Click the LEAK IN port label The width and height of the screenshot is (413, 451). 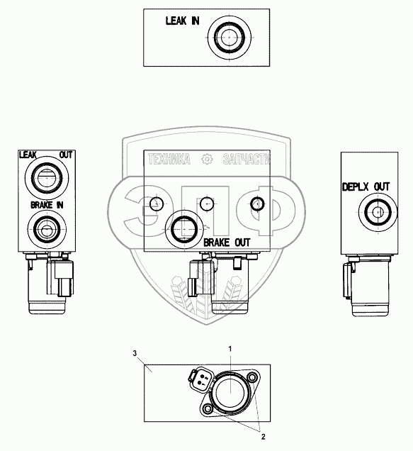click(182, 21)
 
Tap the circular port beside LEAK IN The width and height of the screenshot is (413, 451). click(229, 38)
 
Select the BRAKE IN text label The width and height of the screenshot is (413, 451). click(47, 205)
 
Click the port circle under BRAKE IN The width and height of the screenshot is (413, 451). click(47, 229)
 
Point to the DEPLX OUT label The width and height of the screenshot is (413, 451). click(366, 187)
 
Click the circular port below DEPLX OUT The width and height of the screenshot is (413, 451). click(378, 212)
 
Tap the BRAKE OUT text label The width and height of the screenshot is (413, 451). click(227, 243)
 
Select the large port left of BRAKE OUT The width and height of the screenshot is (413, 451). click(184, 229)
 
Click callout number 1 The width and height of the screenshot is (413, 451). click(230, 349)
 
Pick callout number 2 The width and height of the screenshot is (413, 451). click(263, 437)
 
